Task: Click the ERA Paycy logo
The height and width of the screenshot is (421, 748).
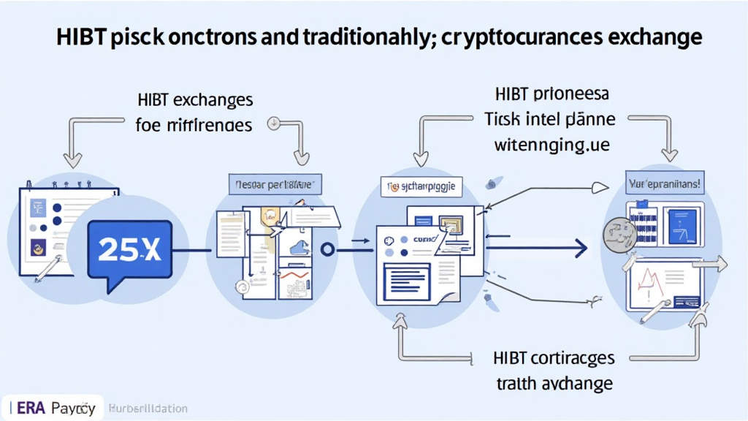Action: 51,409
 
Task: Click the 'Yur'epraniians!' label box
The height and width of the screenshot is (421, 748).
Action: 664,185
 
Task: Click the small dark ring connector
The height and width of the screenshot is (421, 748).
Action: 328,250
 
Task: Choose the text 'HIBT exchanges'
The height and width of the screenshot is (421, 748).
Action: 194,99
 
